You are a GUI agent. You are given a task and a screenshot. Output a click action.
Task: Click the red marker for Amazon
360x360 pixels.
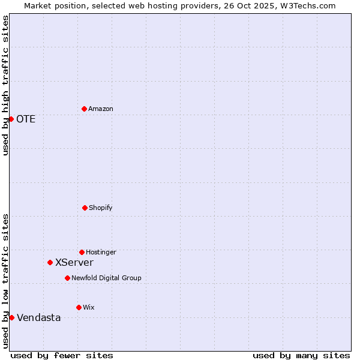84,109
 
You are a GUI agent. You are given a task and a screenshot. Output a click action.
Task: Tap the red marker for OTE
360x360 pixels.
11,119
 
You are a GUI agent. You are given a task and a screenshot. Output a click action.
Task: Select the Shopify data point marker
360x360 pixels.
85,208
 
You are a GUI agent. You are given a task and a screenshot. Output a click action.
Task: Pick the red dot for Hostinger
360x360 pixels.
82,252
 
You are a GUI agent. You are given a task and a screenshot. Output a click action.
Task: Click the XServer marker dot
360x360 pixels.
50,262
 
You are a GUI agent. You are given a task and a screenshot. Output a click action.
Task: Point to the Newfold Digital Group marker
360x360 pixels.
67,278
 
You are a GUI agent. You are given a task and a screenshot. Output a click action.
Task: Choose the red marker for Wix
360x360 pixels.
79,307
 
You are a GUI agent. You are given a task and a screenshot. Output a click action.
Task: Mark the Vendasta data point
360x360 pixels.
11,317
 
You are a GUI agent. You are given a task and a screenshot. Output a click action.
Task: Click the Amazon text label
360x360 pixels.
101,109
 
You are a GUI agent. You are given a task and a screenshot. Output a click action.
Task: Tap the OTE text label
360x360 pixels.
26,119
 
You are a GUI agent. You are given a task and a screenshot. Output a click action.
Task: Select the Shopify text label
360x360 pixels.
101,208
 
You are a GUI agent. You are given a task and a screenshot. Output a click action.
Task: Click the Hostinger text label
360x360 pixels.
101,252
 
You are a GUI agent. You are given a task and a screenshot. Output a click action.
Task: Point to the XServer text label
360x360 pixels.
74,262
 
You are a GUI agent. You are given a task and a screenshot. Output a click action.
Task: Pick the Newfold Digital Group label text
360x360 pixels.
106,278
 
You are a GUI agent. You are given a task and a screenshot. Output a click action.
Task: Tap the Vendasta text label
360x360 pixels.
39,317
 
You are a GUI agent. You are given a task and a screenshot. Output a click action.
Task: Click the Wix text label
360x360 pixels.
89,307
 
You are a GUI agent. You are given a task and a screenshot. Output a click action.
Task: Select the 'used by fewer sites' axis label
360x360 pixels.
62,355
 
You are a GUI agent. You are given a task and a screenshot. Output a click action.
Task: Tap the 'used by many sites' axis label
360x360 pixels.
301,355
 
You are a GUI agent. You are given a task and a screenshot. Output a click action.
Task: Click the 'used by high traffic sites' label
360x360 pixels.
5,85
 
